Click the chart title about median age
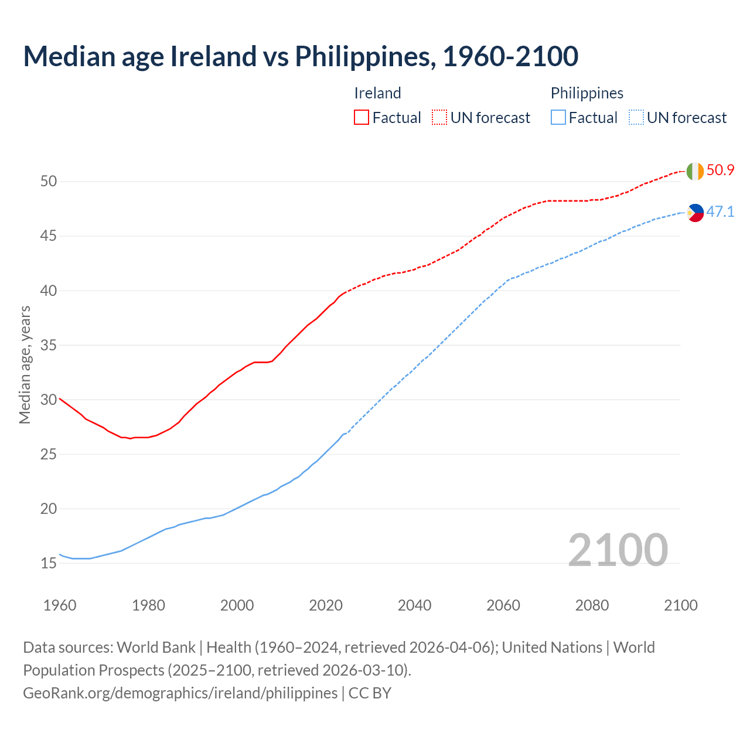point(301,56)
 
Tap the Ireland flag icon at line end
point(695,171)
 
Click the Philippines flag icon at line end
point(695,213)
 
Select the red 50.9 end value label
point(720,171)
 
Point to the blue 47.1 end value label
point(720,212)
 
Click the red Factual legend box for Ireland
point(362,118)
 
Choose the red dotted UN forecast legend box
point(439,118)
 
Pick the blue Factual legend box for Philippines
point(558,118)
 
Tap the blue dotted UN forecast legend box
point(636,118)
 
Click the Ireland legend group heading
point(377,93)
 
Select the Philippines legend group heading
point(587,93)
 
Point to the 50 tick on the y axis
point(49,182)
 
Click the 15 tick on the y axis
point(49,564)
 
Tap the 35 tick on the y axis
point(49,346)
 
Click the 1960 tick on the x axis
point(60,605)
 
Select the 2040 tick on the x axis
point(414,605)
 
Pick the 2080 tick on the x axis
point(592,605)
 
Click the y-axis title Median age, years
point(25,364)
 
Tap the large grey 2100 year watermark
point(618,550)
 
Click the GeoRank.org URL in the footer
point(180,693)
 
